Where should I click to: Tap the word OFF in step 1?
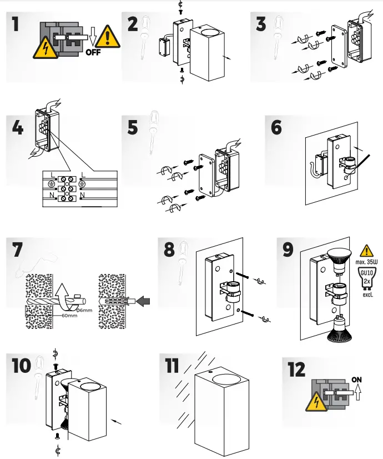coord(94,53)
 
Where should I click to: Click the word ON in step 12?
coord(357,380)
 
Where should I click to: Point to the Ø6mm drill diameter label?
coord(84,310)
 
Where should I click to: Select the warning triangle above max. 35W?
coord(366,251)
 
